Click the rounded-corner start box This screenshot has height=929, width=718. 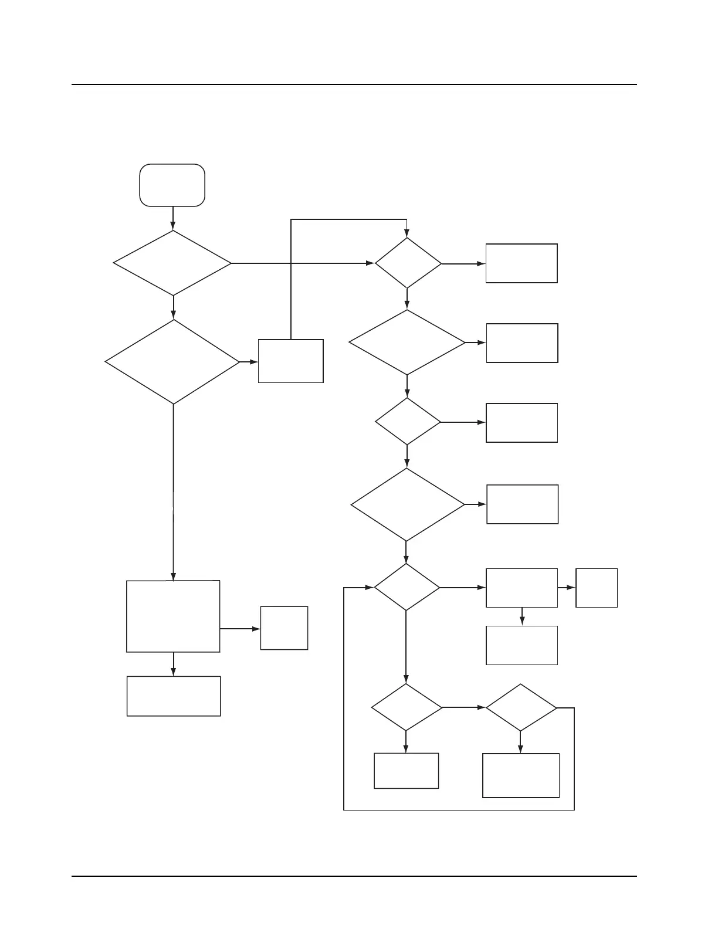tap(172, 185)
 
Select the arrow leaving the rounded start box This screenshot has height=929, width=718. tap(173, 218)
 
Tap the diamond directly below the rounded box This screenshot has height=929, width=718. tap(172, 263)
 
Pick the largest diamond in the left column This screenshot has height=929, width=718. tap(172, 362)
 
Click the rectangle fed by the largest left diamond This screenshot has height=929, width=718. tap(290, 361)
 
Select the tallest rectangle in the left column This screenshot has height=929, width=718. tap(173, 616)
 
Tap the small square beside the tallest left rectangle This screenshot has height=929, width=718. tap(284, 628)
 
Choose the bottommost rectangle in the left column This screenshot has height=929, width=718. tap(174, 696)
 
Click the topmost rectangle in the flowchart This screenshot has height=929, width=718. tap(521, 263)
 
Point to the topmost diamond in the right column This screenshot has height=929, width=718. tap(408, 263)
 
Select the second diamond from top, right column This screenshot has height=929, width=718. tap(407, 343)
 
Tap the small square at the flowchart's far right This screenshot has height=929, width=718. tap(597, 588)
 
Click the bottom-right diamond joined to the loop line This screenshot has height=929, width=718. tap(521, 707)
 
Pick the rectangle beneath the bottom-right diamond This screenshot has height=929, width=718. tap(521, 775)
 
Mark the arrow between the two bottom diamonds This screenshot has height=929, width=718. tap(463, 707)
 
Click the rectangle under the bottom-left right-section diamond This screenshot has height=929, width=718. tap(406, 771)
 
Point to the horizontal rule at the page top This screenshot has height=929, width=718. tap(354, 84)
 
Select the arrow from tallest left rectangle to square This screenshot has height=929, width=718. tap(240, 629)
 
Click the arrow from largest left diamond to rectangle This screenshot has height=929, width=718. tap(249, 362)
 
